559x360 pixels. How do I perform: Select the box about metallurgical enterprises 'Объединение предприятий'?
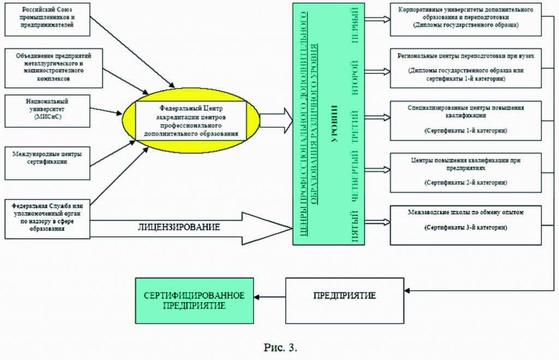[x=53, y=67]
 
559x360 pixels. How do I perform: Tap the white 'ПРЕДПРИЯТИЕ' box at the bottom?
[x=344, y=296]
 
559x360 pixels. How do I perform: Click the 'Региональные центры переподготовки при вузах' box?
[x=466, y=68]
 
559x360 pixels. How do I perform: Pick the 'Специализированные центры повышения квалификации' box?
[x=466, y=119]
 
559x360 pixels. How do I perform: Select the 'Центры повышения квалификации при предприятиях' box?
[x=466, y=172]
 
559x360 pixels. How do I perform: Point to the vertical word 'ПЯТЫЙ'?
[x=355, y=225]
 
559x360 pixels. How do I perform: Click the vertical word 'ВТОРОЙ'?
[x=355, y=78]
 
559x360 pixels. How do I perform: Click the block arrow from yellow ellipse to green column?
[x=276, y=120]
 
